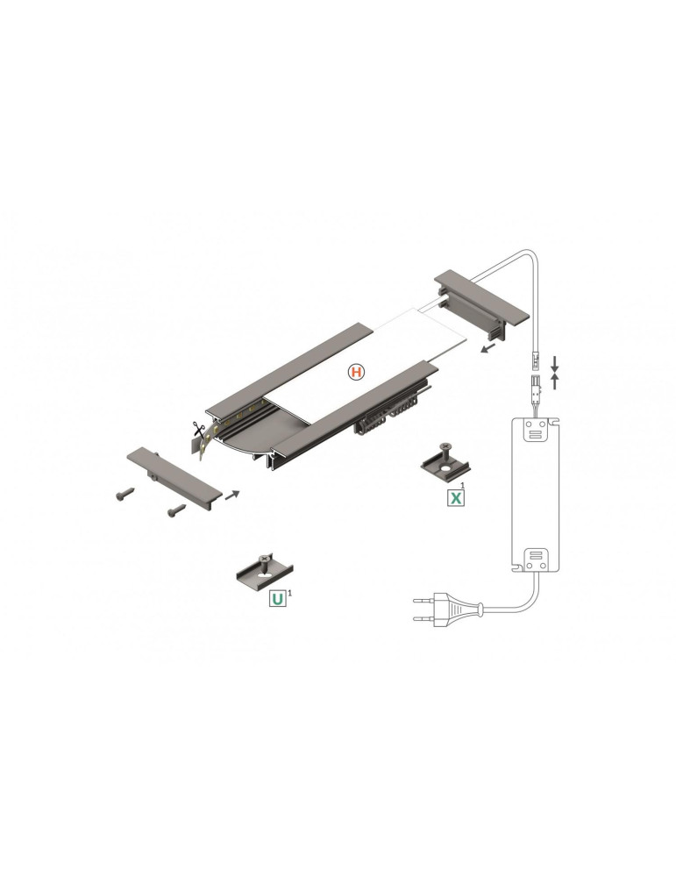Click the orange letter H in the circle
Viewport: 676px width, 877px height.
pyautogui.click(x=355, y=373)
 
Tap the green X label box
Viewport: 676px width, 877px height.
pyautogui.click(x=456, y=498)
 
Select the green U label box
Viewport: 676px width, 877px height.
pyautogui.click(x=276, y=600)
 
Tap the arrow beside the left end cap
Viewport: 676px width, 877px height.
pyautogui.click(x=231, y=495)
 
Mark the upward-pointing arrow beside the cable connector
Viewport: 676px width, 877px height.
pyautogui.click(x=554, y=381)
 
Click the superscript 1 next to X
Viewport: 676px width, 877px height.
pyautogui.click(x=463, y=485)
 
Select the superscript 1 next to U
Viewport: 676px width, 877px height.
pyautogui.click(x=290, y=594)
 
